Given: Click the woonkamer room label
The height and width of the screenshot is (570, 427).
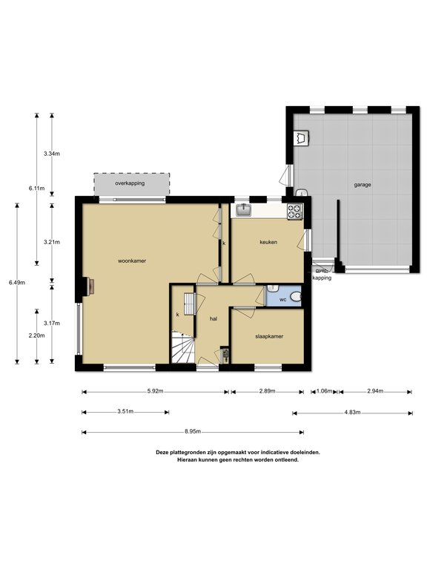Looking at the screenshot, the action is tap(132, 261).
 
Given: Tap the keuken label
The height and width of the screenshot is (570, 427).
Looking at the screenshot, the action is tap(268, 242).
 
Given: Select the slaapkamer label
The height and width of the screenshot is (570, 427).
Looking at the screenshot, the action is tap(269, 336).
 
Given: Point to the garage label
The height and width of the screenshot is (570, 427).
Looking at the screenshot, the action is tap(363, 185).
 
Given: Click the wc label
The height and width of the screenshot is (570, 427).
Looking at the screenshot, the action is tap(283, 300).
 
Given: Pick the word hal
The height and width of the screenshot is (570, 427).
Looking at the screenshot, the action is tap(213, 319).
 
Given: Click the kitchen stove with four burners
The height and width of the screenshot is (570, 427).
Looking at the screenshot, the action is tap(295, 212).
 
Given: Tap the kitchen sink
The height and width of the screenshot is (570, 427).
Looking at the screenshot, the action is tap(243, 210).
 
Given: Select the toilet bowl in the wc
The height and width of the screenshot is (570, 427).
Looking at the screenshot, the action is tap(297, 298).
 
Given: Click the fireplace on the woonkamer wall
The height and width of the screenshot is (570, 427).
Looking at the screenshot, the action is tap(89, 286).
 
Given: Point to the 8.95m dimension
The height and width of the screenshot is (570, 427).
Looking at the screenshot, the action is tap(193, 432).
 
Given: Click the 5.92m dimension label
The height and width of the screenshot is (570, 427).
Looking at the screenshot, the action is tap(155, 391).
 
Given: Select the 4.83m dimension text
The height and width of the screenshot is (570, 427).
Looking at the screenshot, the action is tap(352, 412).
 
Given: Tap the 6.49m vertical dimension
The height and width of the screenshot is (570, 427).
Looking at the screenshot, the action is tap(17, 282).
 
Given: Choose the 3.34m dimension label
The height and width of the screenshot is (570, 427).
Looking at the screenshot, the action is tap(52, 154).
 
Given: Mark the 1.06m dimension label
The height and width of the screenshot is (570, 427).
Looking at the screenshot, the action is tap(324, 391).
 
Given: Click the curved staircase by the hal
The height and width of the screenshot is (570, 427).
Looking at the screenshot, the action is tap(184, 347).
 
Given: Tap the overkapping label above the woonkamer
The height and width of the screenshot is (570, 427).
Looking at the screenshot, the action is tap(130, 183).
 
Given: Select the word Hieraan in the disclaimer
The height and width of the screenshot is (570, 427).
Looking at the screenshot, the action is tap(186, 459).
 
